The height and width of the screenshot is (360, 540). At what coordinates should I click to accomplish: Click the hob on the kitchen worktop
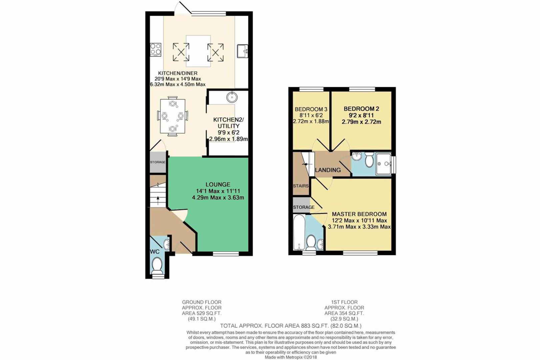tap(156, 50)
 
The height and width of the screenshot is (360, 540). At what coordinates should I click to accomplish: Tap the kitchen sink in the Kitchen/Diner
tap(242, 51)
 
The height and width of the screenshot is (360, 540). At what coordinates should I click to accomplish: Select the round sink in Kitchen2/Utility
tap(232, 97)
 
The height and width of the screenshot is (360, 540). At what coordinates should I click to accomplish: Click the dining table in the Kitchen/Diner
tap(172, 116)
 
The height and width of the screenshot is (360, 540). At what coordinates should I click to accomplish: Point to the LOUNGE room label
tap(218, 184)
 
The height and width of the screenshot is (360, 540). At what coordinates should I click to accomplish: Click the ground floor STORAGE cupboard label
tap(158, 162)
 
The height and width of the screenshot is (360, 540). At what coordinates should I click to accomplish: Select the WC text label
tap(155, 252)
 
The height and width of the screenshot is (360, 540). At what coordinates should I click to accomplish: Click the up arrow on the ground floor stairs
tap(158, 199)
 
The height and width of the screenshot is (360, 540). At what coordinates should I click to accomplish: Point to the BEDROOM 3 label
tap(311, 109)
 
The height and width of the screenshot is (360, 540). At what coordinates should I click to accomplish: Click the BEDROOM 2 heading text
tap(361, 109)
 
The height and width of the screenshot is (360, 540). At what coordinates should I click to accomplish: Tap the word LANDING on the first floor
tap(328, 170)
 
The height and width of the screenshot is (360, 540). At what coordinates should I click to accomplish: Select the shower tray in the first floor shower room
tap(383, 164)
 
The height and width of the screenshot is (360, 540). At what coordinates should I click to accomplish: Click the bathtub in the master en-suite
tap(299, 232)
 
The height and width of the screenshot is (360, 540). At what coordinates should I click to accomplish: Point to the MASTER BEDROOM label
tap(359, 214)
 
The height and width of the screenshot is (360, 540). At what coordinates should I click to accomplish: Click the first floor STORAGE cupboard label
tap(304, 207)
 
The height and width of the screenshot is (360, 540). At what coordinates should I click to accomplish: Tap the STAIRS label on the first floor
tap(301, 186)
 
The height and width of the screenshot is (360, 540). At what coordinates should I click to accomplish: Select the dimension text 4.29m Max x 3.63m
tap(218, 198)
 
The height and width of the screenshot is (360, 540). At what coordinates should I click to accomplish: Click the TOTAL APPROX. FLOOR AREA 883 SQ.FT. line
tap(290, 326)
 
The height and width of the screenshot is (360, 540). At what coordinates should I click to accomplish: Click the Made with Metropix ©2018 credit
tap(291, 357)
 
